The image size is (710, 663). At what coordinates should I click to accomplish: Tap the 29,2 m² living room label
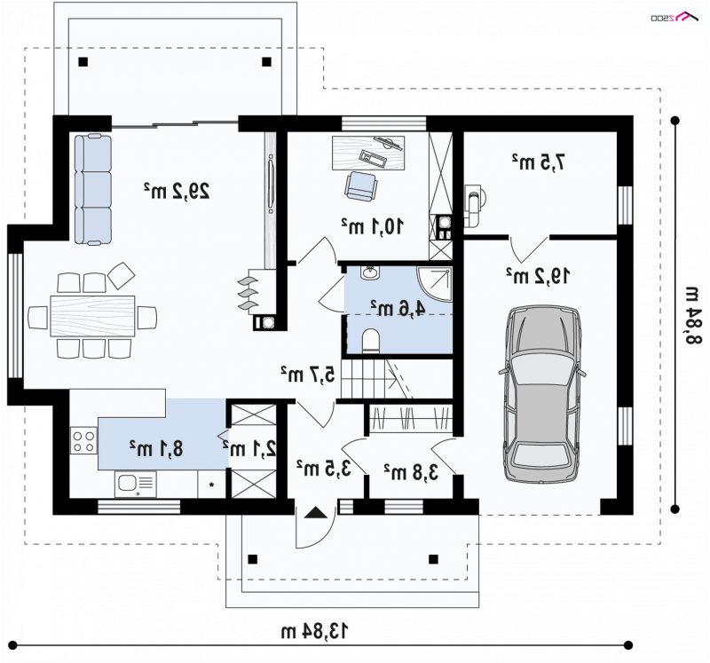pyautogui.click(x=177, y=191)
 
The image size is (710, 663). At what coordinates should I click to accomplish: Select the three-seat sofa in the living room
pyautogui.click(x=93, y=189)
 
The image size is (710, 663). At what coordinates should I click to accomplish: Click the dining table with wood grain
pyautogui.click(x=92, y=316)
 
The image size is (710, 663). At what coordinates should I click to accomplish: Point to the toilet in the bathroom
pyautogui.click(x=371, y=340)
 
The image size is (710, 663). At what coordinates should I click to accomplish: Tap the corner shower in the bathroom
pyautogui.click(x=435, y=284)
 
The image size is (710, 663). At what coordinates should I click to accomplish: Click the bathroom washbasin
pyautogui.click(x=370, y=273)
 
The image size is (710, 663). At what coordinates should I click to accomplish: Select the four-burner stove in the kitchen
pyautogui.click(x=83, y=440)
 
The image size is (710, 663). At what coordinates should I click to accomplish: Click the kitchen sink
pyautogui.click(x=136, y=484)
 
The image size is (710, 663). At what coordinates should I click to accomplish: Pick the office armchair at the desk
pyautogui.click(x=360, y=186)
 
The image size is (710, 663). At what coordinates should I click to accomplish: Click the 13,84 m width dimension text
pyautogui.click(x=315, y=630)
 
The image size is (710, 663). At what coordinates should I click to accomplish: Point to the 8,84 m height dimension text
pyautogui.click(x=693, y=316)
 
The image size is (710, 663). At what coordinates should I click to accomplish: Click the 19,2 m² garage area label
pyautogui.click(x=538, y=275)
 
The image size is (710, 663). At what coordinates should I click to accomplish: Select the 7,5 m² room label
pyautogui.click(x=539, y=162)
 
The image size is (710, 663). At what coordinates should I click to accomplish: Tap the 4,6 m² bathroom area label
pyautogui.click(x=398, y=308)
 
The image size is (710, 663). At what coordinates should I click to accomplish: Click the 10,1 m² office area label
pyautogui.click(x=372, y=226)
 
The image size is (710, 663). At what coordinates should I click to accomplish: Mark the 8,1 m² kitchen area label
pyautogui.click(x=156, y=448)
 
